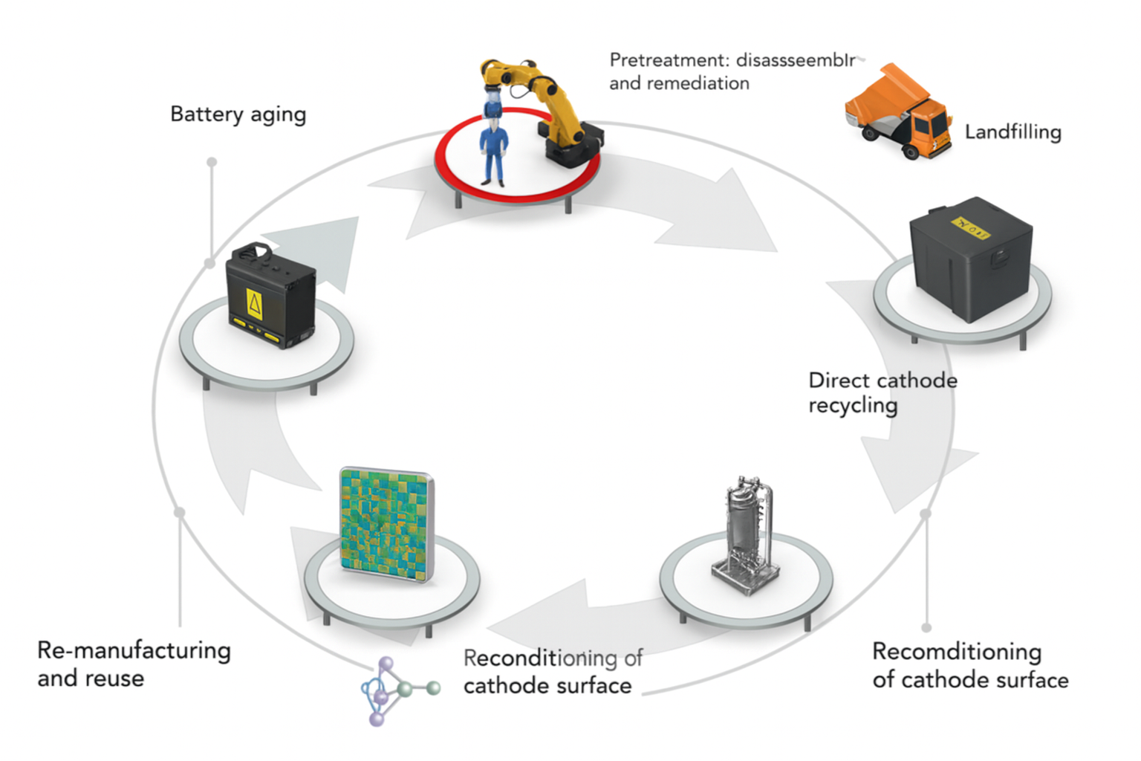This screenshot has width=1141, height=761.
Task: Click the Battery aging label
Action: [238, 114]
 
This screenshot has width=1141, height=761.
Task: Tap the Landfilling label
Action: [1012, 132]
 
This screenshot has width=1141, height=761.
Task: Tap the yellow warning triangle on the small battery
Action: [254, 305]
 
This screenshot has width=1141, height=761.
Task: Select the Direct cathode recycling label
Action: [882, 392]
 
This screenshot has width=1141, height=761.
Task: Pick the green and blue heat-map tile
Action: [386, 524]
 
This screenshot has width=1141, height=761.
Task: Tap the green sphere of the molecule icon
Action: [432, 688]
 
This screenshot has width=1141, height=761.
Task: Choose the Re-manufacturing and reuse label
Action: [134, 664]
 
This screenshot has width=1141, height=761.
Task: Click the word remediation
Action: [698, 83]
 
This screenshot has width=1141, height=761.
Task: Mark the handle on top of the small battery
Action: [257, 250]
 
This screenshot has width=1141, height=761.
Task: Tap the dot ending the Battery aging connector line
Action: [212, 162]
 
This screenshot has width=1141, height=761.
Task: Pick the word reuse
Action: [114, 679]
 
